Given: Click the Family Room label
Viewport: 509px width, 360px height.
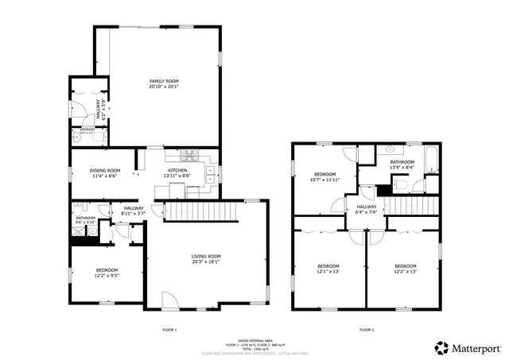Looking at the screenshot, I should pyautogui.click(x=165, y=81).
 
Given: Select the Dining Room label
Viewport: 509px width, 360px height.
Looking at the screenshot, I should pyautogui.click(x=104, y=169).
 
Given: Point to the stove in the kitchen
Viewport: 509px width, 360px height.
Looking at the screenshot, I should pyautogui.click(x=191, y=154).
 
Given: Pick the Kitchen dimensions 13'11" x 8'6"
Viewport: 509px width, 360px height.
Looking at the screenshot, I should pyautogui.click(x=177, y=175).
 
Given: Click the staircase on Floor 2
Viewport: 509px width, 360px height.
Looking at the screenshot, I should pyautogui.click(x=414, y=204).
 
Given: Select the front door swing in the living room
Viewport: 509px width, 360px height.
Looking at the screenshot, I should pyautogui.click(x=169, y=300).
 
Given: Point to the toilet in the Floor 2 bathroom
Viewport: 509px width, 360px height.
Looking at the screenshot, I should pyautogui.click(x=402, y=185).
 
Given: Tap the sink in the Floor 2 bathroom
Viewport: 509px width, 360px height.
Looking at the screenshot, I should pyautogui.click(x=390, y=149).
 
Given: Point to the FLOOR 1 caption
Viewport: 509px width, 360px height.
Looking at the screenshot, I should pyautogui.click(x=169, y=329).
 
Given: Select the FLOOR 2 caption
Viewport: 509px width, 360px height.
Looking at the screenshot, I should pyautogui.click(x=366, y=329).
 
